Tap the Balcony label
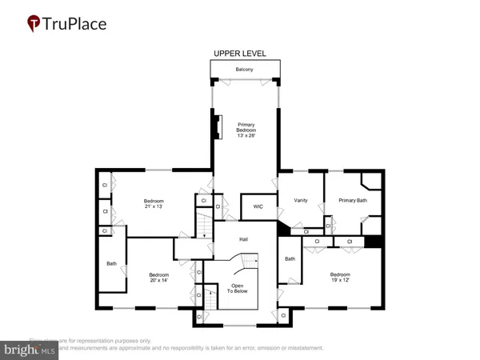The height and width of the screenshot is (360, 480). (x=245, y=70)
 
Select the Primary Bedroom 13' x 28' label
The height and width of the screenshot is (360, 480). (x=245, y=129)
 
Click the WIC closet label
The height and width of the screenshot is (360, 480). (x=258, y=207)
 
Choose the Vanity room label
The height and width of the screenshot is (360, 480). (x=301, y=200)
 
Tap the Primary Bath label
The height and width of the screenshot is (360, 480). (x=352, y=200)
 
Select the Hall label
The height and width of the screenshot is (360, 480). (x=244, y=238)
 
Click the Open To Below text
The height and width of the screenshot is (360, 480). (x=239, y=288)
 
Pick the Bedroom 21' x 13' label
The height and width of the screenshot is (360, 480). (x=154, y=203)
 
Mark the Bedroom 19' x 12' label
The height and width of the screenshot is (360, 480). (x=341, y=277)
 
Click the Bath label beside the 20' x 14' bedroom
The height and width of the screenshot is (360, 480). (x=111, y=263)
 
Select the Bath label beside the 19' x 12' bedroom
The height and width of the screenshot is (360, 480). (x=290, y=258)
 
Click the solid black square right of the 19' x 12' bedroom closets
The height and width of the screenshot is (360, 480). (x=372, y=241)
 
